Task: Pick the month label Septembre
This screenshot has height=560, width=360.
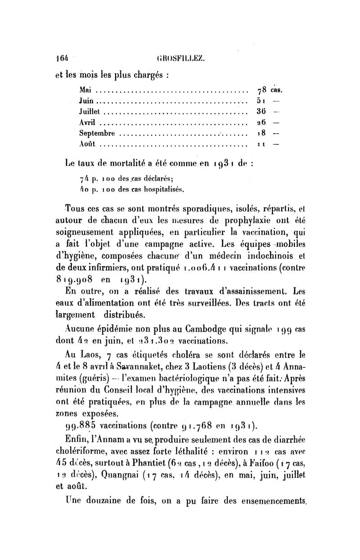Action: coord(97,133)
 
